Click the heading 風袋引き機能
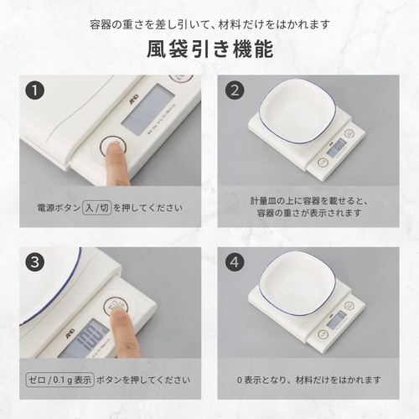209,49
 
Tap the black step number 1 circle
34,90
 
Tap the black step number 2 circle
235,90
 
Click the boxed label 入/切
99,205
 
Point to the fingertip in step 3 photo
117,313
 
